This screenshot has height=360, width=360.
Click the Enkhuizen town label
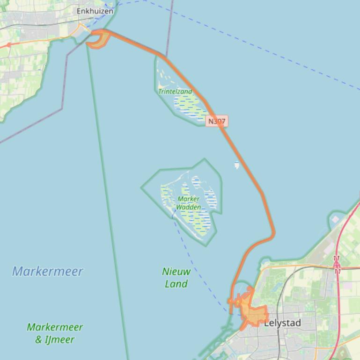point(95,11)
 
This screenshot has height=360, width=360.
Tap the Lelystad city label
point(282,323)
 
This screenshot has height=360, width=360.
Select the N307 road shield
point(217,121)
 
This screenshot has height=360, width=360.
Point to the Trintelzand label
point(175,92)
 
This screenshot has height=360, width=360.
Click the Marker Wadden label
point(189,203)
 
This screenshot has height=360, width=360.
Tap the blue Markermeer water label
point(47,271)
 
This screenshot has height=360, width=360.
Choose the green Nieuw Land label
point(176,277)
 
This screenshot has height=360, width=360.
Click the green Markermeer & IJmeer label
point(55,333)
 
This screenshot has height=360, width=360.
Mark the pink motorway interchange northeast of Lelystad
point(337,265)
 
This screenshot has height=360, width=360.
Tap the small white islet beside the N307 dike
point(237,165)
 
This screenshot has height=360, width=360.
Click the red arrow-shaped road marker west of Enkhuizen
point(8,45)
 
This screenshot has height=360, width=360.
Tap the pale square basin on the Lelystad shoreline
point(335,219)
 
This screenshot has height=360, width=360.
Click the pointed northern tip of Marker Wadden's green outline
point(205,159)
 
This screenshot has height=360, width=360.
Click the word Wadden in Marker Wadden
point(189,207)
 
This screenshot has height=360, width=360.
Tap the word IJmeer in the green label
point(60,339)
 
